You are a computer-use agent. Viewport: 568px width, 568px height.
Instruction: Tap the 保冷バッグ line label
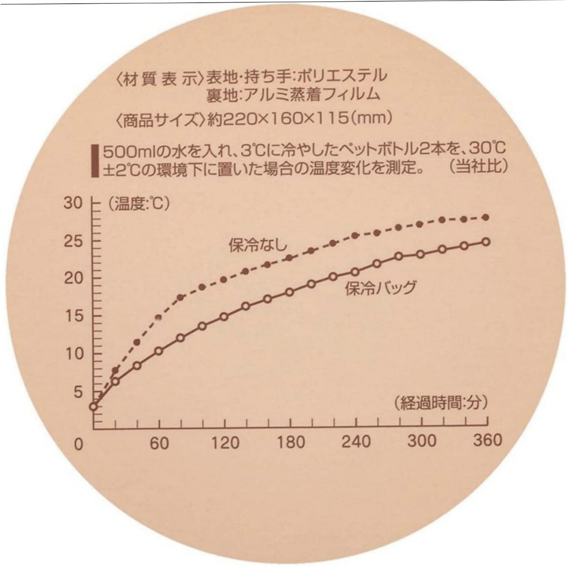click(381, 287)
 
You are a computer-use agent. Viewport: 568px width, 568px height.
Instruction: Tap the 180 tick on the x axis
click(291, 442)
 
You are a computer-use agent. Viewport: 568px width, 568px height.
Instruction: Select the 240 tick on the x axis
click(356, 442)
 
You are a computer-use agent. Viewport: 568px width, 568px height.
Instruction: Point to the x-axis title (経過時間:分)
click(433, 403)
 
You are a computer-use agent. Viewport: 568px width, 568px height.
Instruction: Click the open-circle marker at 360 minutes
click(486, 241)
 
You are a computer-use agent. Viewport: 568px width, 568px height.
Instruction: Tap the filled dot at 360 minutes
click(486, 217)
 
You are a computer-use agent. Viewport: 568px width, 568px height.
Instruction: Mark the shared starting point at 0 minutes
click(94, 406)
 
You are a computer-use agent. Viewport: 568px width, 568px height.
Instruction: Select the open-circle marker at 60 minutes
click(159, 351)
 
